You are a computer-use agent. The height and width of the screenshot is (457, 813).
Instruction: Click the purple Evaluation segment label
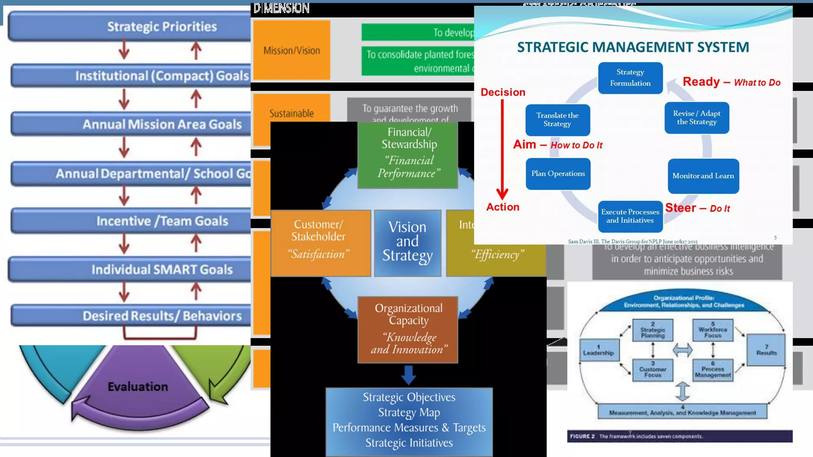click(138, 386)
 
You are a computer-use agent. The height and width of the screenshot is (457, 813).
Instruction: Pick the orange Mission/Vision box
click(292, 50)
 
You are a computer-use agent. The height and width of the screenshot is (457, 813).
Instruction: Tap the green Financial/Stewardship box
click(408, 155)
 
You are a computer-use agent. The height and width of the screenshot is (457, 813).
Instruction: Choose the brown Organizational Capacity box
click(408, 329)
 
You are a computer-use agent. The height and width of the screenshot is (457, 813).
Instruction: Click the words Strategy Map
click(409, 413)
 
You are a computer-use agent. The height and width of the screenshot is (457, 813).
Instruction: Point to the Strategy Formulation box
click(630, 78)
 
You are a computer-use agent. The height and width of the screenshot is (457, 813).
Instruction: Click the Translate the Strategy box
click(557, 120)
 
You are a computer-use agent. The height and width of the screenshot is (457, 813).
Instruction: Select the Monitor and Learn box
click(703, 176)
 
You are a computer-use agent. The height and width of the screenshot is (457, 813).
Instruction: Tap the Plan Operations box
click(558, 174)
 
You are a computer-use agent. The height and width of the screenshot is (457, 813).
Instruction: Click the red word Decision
click(503, 92)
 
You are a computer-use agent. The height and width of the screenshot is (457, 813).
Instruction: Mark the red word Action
click(503, 207)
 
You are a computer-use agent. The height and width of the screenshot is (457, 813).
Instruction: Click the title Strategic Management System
click(633, 47)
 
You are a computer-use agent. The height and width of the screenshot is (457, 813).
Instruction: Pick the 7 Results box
click(766, 350)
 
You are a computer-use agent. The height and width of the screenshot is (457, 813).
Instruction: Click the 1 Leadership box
click(599, 350)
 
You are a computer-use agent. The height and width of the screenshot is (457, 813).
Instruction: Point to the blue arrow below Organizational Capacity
click(408, 375)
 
